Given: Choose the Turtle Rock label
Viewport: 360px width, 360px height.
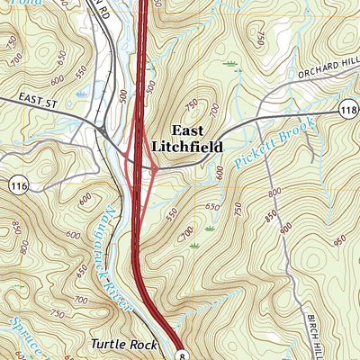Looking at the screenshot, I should [x=124, y=344].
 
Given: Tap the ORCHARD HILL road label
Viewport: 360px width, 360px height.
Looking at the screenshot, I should [x=325, y=65].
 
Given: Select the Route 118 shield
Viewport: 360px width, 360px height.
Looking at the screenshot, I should [x=350, y=109].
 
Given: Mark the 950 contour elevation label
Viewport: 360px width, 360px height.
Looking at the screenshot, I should [x=340, y=240].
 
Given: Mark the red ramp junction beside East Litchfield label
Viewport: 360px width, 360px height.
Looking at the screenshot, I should [x=155, y=167].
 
